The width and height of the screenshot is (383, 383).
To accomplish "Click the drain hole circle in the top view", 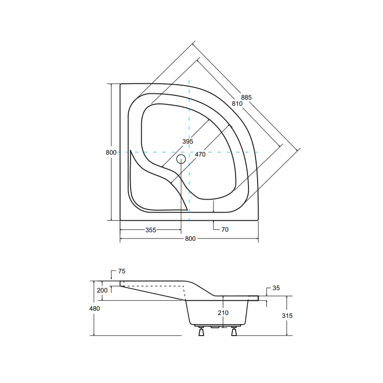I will [x=181, y=159].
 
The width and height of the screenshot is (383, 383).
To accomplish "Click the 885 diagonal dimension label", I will [x=246, y=97].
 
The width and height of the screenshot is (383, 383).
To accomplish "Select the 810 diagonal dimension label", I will [x=237, y=104].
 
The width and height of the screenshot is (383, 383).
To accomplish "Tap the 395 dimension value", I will [x=187, y=142].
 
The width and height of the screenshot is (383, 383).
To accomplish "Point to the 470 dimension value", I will [x=200, y=155].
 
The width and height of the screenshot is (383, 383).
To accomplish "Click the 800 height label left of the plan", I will [x=111, y=152].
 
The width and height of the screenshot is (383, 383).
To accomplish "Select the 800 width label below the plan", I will [x=190, y=239].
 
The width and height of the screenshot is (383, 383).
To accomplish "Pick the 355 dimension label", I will [x=151, y=230].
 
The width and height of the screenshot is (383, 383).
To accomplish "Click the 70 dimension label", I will [x=225, y=230].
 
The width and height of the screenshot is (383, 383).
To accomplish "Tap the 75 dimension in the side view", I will [x=121, y=271].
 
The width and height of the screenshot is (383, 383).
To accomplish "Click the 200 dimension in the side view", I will [x=102, y=291].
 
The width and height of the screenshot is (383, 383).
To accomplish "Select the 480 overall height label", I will [x=94, y=309].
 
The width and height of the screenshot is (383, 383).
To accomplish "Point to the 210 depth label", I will [x=223, y=313].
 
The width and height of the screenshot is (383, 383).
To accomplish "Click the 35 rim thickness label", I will [x=275, y=288].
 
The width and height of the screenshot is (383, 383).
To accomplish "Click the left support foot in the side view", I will [x=202, y=331].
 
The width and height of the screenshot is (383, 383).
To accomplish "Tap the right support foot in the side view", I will [x=234, y=331].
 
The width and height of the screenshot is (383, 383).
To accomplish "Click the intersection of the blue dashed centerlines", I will [x=190, y=152].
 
